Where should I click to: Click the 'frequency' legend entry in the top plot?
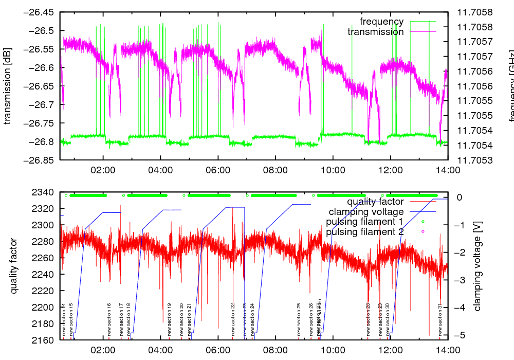pos(382,22)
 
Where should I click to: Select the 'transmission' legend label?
pos(376,32)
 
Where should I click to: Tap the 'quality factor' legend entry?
pos(375,202)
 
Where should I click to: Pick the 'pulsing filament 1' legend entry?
pos(364,222)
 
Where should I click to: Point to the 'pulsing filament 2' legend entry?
pos(364,232)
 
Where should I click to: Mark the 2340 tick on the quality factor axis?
pos(45,192)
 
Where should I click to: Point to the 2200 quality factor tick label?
pos(45,308)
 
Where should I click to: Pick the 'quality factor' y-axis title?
pos(14,266)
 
